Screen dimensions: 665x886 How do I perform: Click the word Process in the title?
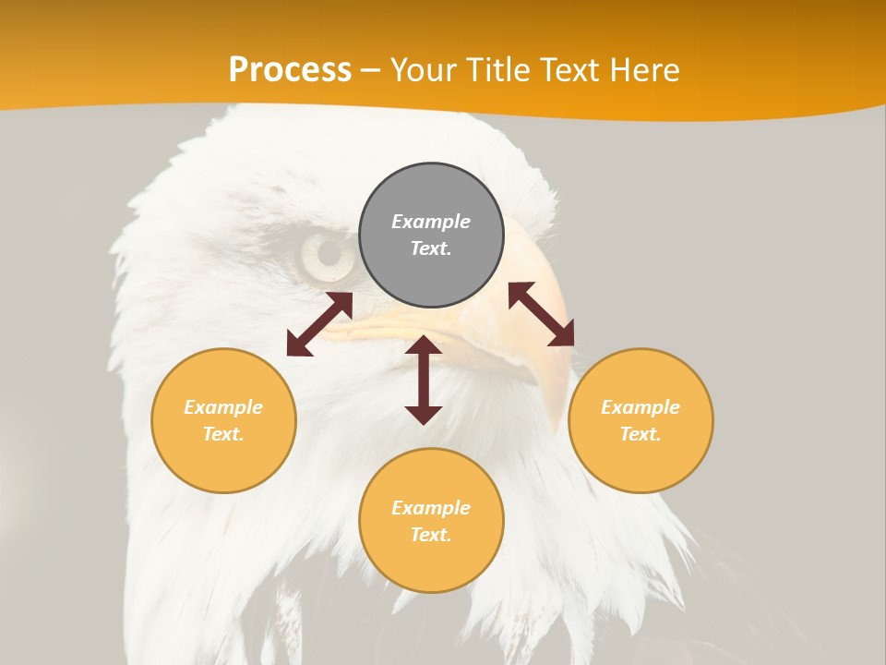click(290, 70)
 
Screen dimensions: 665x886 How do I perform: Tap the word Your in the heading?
click(423, 70)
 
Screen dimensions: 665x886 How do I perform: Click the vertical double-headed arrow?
click(424, 380)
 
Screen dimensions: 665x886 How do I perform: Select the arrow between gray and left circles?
click(319, 324)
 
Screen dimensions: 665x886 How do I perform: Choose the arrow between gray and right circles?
click(541, 314)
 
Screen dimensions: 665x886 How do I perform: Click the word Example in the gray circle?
click(431, 222)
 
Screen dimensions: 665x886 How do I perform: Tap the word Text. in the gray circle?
click(431, 248)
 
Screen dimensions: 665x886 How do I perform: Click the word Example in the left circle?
click(223, 407)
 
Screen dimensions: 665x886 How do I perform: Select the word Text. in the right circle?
click(641, 434)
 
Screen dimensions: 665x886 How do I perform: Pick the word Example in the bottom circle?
click(431, 508)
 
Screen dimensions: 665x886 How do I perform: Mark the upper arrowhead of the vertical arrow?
click(424, 345)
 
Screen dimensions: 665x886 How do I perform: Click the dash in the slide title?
click(370, 71)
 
